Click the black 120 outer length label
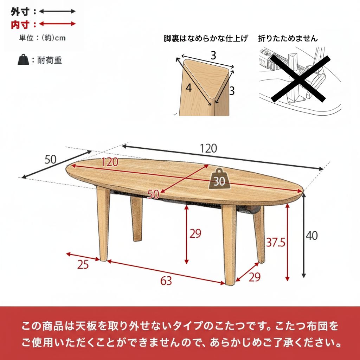[x=209, y=148]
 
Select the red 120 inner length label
[x=110, y=162]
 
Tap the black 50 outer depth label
[x=51, y=160]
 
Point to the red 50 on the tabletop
[x=153, y=194]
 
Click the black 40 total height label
[x=311, y=236]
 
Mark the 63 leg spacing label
[x=166, y=281]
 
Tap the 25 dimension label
[x=83, y=264]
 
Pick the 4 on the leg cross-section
[x=189, y=88]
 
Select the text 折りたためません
[x=288, y=38]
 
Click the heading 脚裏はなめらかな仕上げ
[x=206, y=38]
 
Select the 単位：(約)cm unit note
[x=42, y=38]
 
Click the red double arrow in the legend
[x=57, y=24]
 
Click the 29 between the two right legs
[x=255, y=277]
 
